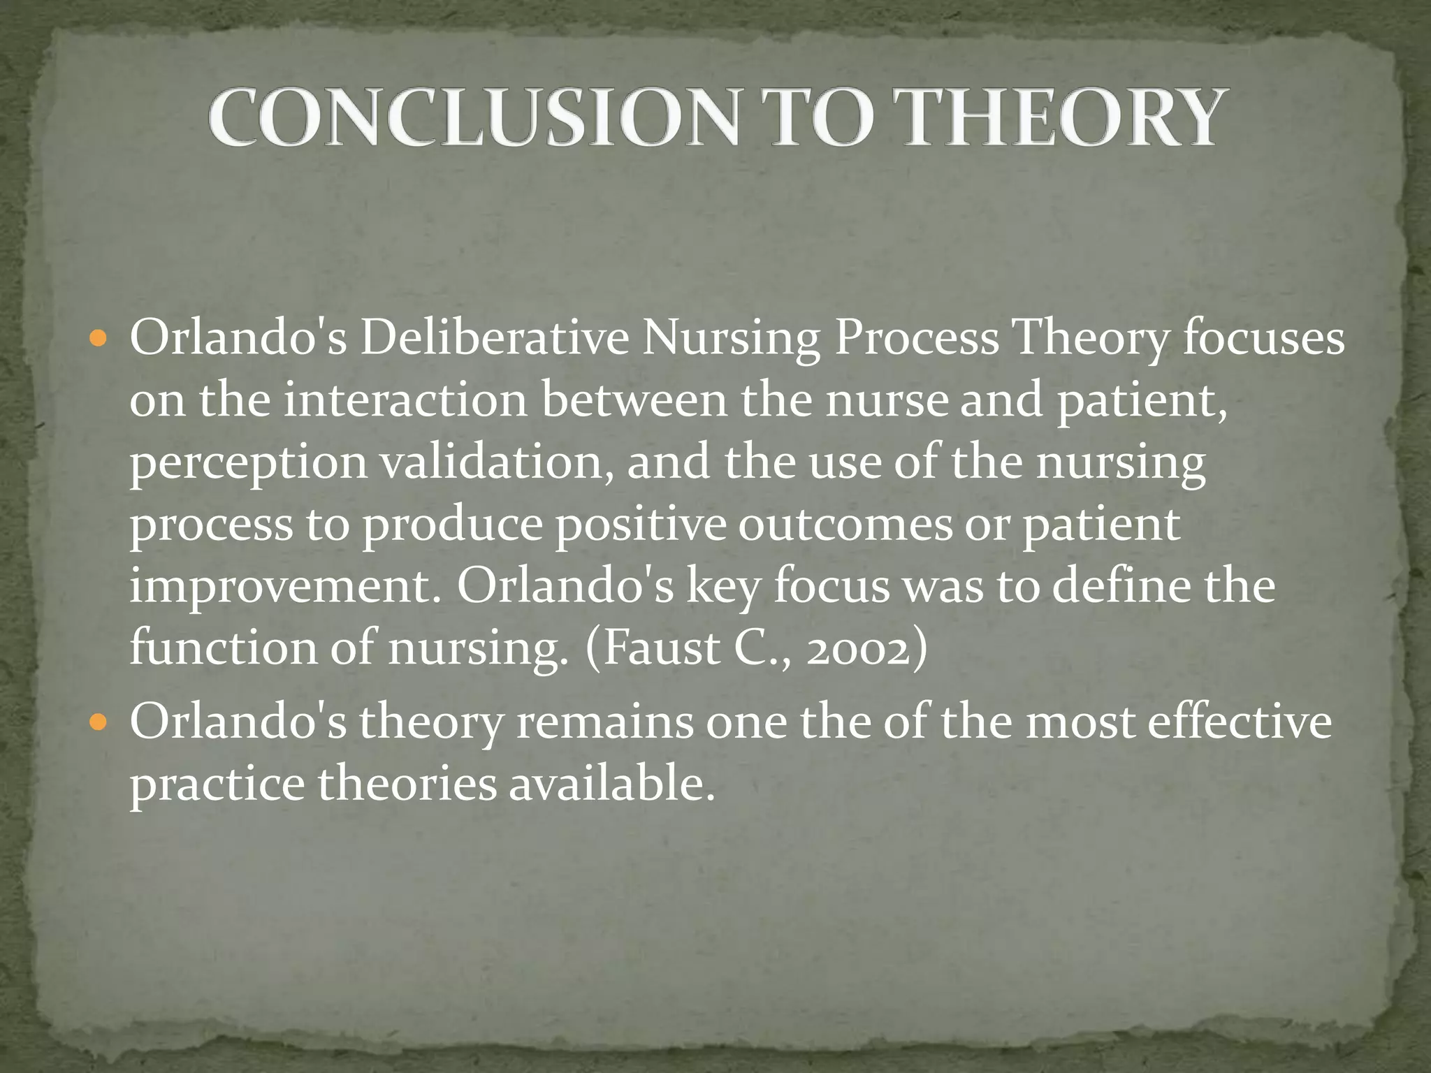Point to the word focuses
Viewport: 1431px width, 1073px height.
[x=1263, y=339]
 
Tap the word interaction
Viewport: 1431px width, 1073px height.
[x=405, y=401]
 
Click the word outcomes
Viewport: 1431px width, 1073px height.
[x=845, y=524]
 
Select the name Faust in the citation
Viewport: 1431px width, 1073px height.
[x=661, y=648]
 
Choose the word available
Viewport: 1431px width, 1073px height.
[x=611, y=784]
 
